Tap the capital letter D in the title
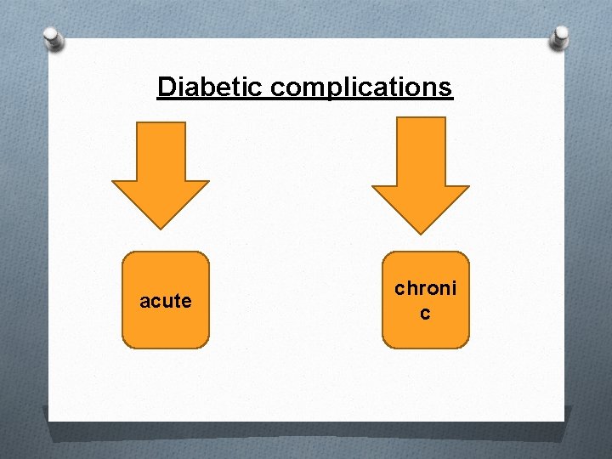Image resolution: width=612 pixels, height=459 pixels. pos(166,87)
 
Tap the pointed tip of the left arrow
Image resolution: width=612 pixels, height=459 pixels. pos(161,227)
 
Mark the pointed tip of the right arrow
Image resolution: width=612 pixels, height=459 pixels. pos(421,232)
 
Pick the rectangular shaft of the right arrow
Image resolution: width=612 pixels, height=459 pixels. pos(421,150)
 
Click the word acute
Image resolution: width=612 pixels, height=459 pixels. pos(166,301)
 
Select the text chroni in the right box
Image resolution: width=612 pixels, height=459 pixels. pos(425,288)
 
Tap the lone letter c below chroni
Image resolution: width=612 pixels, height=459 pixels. pos(425,314)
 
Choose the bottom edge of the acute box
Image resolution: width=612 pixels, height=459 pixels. pos(166,348)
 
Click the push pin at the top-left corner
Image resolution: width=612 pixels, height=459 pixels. pos(54,37)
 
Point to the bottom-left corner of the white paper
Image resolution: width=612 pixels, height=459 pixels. pos(49,420)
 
